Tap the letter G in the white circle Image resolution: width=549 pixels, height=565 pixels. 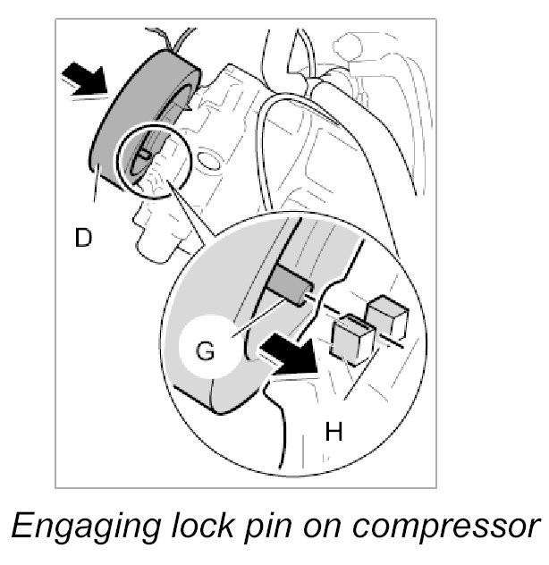click(x=206, y=350)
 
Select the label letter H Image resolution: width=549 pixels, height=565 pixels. click(x=334, y=432)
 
